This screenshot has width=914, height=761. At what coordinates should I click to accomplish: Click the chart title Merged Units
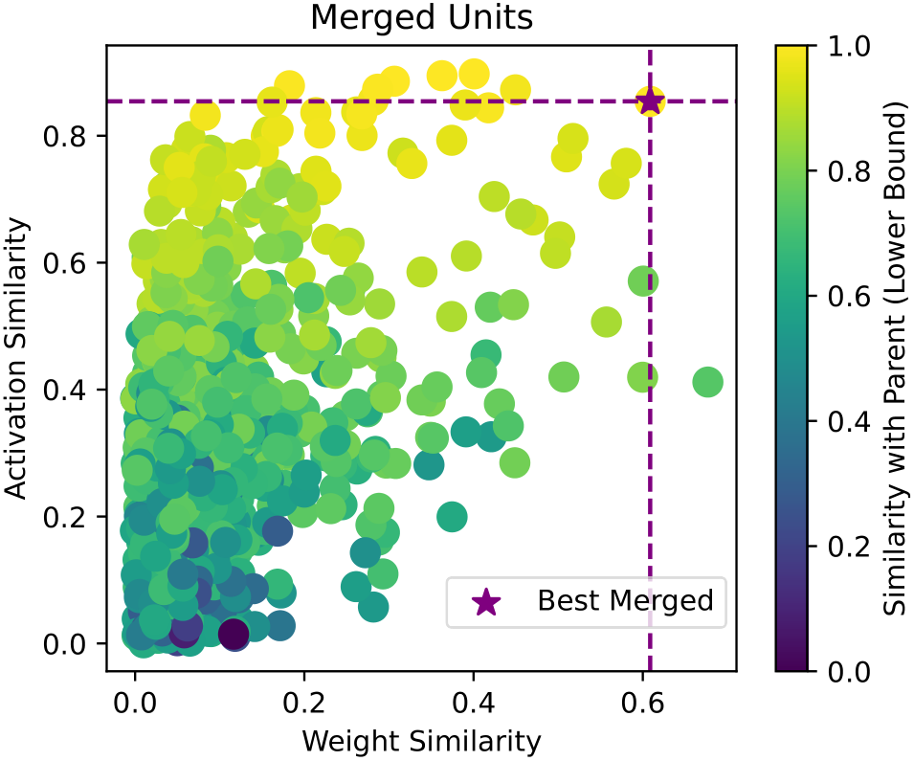click(421, 17)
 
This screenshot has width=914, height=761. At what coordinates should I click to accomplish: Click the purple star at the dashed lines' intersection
click(650, 101)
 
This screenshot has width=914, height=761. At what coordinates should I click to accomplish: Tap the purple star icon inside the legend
click(486, 601)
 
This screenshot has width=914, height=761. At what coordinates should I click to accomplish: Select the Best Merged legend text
click(625, 601)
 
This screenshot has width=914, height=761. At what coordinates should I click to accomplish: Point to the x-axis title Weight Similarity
click(421, 741)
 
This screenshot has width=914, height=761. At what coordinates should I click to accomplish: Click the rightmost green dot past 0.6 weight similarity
click(707, 382)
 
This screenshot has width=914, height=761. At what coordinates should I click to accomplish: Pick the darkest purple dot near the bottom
click(234, 634)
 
